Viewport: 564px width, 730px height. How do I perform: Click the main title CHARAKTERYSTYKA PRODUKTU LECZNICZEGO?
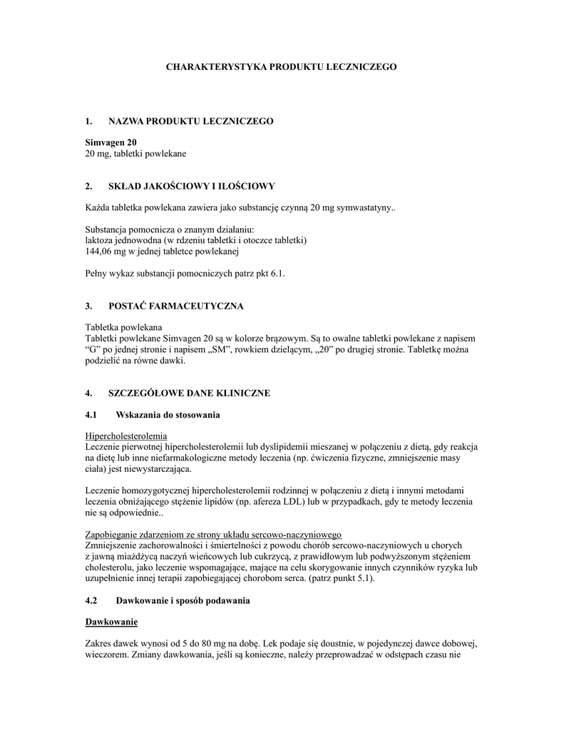[x=281, y=66]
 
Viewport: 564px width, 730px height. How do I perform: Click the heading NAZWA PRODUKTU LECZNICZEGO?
[x=190, y=122]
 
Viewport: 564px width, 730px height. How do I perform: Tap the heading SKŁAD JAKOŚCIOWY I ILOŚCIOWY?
[x=191, y=187]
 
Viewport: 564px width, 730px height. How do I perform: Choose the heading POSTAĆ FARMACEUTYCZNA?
[x=175, y=306]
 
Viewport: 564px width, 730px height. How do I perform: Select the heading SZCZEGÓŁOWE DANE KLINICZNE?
[x=189, y=393]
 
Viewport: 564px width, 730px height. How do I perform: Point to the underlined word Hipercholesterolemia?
[x=126, y=435]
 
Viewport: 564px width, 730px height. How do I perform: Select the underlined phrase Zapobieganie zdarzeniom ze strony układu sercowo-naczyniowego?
[x=213, y=535]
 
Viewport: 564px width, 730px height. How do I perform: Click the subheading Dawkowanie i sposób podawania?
[x=183, y=601]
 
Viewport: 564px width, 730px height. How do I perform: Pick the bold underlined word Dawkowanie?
[x=111, y=622]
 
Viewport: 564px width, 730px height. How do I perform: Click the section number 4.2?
[x=91, y=601]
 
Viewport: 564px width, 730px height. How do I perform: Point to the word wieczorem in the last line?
[x=106, y=654]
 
